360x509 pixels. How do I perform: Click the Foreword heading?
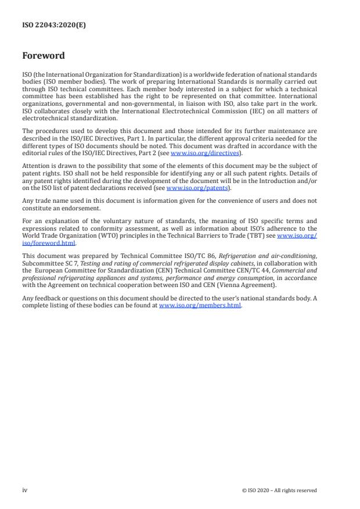pos(44,56)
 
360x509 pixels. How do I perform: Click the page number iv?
pos(25,490)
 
